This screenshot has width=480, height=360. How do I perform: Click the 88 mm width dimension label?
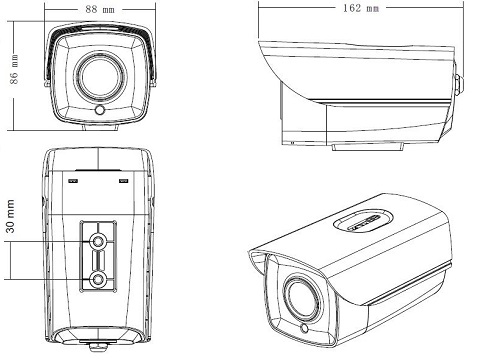pos(100,9)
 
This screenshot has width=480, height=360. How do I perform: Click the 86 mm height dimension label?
pos(14,69)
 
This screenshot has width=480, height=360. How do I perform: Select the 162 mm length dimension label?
pos(361,8)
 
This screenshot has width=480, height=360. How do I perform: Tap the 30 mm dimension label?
pos(10,216)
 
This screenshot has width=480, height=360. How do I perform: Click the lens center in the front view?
pos(100,77)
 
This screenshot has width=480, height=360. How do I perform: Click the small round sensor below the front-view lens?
pos(100,110)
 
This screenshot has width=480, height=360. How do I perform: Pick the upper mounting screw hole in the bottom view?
pos(98,241)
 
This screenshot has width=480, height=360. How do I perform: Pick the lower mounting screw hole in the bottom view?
pos(98,280)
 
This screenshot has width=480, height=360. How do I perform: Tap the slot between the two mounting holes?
pos(98,260)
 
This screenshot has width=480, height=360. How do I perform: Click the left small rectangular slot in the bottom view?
pos(73,181)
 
